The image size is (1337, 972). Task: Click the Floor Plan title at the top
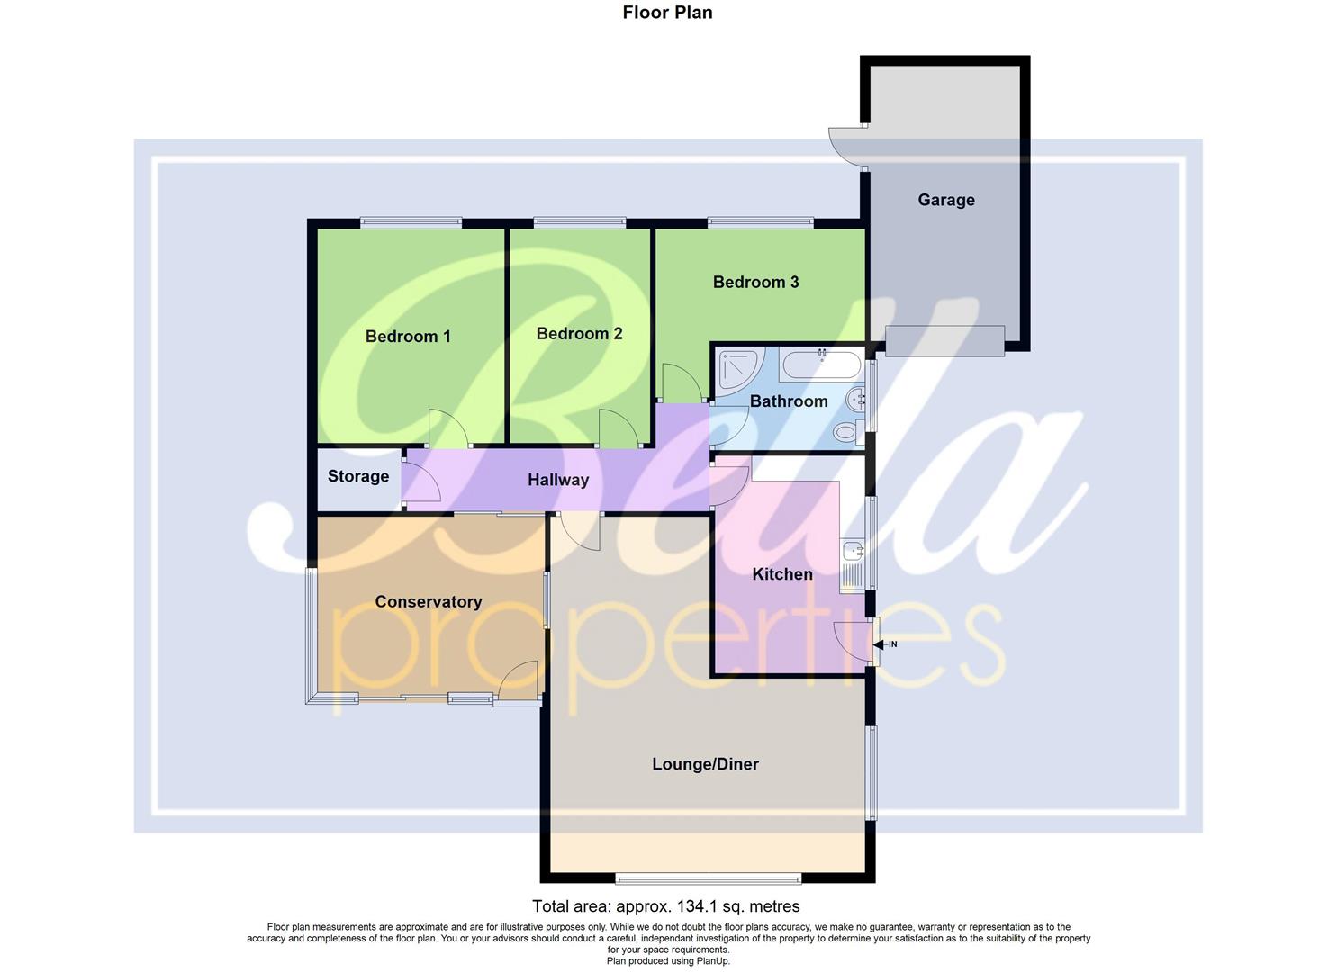[x=667, y=13]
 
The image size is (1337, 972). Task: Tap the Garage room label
[x=945, y=200]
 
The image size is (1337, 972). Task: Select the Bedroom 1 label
[x=408, y=337]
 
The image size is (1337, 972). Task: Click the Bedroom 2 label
[x=579, y=334]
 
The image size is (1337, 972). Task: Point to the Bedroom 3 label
[x=755, y=283]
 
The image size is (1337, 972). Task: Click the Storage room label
[x=358, y=476]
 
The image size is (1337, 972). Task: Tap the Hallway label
[x=558, y=481]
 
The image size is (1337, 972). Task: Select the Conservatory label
[x=429, y=602]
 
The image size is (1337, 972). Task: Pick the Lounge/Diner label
[x=705, y=764]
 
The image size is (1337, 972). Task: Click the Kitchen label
[x=781, y=574]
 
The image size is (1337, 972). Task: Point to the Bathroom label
[x=789, y=401]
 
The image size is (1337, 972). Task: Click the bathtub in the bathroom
[x=820, y=364]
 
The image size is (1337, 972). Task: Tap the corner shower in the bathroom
[x=739, y=367]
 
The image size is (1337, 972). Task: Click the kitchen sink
[x=851, y=550]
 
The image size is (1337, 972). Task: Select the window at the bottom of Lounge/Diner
[x=708, y=877]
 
